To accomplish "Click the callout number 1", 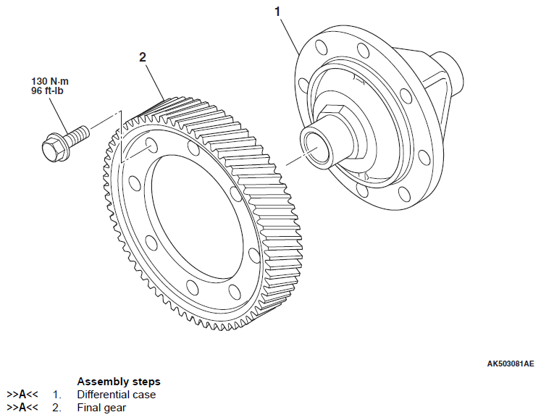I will (x=277, y=11).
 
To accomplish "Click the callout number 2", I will (x=143, y=56).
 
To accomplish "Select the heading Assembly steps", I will (x=118, y=382).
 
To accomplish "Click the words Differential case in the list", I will (x=116, y=395).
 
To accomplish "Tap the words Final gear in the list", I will (x=101, y=408).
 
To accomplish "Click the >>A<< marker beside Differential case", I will (x=21, y=395).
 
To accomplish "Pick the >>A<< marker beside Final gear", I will (x=21, y=408).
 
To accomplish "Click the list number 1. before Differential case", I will (x=56, y=395).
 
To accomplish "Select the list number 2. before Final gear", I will (x=56, y=408).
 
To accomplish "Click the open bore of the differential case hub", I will (x=316, y=150).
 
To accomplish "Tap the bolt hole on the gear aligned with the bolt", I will (x=149, y=144).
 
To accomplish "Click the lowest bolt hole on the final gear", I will (x=234, y=291).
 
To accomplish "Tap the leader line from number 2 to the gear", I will (x=154, y=80).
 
